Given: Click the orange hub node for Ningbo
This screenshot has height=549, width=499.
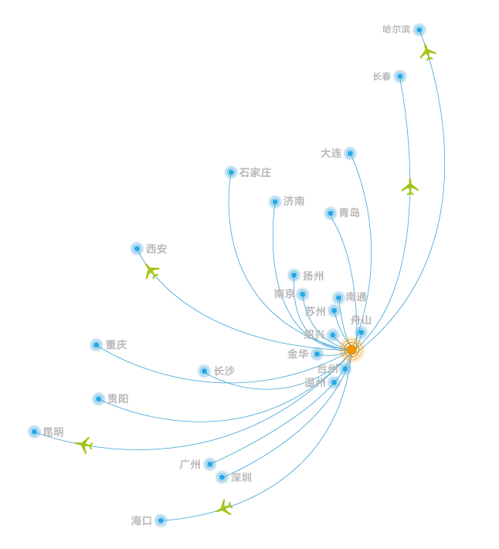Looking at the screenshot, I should tap(351, 349).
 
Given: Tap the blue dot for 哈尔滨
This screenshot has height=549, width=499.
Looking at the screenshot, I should tap(419, 30).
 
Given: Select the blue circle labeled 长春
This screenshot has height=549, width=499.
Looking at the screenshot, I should tap(400, 76).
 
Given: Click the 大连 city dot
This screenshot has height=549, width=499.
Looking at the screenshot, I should tap(351, 154).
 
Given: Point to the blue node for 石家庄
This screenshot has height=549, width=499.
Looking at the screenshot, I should tap(231, 172).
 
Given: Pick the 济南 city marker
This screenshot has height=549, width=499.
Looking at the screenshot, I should tap(275, 202).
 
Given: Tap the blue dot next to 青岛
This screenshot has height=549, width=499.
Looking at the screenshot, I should tap(331, 213).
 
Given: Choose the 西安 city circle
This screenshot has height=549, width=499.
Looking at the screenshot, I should tap(137, 249).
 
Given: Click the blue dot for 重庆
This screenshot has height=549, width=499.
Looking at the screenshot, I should tap(96, 344).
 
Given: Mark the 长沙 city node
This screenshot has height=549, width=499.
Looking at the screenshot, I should tap(204, 371).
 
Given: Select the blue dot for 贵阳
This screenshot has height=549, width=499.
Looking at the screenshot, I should tap(99, 398).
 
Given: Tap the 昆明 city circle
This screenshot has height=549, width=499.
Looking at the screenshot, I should tap(34, 432).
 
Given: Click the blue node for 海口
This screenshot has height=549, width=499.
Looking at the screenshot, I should tap(161, 520).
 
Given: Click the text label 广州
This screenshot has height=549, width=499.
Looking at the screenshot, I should tap(189, 464).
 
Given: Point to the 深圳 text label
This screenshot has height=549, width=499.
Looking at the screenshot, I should tap(241, 477).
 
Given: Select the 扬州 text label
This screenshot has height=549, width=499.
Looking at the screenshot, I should tap(313, 276).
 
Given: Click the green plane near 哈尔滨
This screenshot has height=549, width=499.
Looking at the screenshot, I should tap(427, 53).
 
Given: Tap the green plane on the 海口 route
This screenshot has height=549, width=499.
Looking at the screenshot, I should tap(225, 507).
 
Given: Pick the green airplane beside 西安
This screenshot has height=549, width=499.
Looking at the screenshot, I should tap(151, 271).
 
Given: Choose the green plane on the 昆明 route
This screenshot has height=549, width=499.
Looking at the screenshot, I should tap(85, 445).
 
